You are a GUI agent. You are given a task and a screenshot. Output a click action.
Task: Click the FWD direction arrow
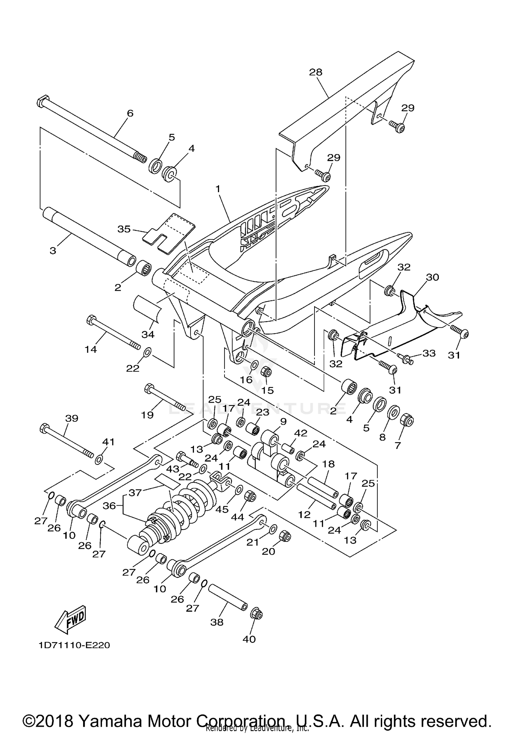[x=71, y=619]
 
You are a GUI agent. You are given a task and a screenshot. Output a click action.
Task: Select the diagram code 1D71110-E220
[x=74, y=645]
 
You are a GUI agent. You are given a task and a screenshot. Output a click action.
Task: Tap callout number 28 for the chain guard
[x=316, y=72]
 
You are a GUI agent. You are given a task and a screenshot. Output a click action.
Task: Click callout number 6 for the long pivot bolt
[x=130, y=113]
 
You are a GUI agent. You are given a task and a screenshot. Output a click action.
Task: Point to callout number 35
[x=124, y=229]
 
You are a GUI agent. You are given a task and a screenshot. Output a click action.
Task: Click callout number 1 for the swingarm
[x=217, y=189]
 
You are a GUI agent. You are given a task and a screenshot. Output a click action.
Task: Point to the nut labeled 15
[x=267, y=372]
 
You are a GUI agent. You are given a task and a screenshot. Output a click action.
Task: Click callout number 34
[x=148, y=334]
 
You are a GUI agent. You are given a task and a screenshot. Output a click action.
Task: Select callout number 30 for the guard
[x=432, y=277]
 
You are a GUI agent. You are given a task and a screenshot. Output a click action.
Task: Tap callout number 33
[x=429, y=353]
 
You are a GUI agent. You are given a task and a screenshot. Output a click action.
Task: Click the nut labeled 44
[x=250, y=497]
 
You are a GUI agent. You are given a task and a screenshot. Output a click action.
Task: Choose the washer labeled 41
[x=99, y=459]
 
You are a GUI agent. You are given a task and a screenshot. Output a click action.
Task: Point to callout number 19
[x=147, y=415]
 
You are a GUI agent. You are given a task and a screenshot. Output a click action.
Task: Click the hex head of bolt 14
[x=90, y=320]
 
